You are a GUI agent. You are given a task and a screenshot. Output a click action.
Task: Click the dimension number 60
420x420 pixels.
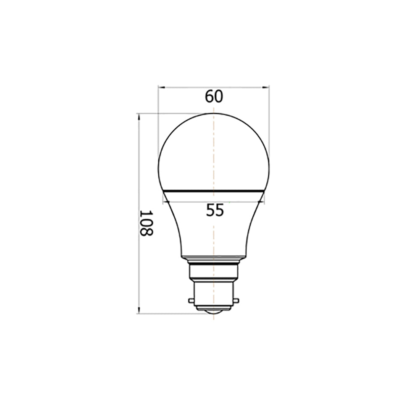(214, 97)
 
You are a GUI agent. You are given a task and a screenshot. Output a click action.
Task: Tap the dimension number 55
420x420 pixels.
(215, 210)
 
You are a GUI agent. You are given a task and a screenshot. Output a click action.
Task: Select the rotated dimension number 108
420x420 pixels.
(146, 223)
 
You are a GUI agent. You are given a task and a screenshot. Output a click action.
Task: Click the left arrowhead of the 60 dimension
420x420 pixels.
(160, 87)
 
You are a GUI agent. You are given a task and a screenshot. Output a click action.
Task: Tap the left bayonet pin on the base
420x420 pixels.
(192, 301)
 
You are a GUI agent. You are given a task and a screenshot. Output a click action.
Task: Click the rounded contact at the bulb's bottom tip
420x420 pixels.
(214, 311)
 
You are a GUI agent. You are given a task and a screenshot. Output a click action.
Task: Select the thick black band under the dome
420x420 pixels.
(214, 191)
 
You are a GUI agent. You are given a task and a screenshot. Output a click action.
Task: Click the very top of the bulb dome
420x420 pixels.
(214, 113)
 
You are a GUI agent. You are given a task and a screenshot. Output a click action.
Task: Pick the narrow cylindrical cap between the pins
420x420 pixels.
(214, 294)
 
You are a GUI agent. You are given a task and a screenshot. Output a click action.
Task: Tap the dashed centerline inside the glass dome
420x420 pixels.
(214, 151)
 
